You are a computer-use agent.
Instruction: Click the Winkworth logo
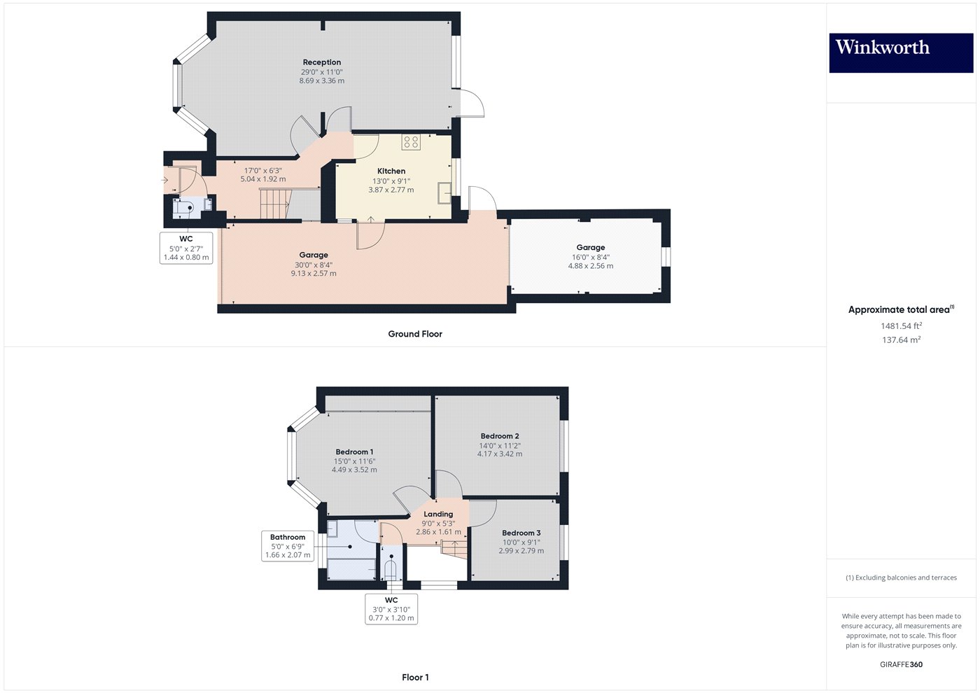click(x=900, y=52)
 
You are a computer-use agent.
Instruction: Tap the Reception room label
click(x=322, y=62)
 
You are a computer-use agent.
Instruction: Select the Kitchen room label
click(x=391, y=171)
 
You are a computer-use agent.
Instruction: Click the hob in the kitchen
click(x=411, y=143)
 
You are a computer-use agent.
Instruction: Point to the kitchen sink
click(x=444, y=192)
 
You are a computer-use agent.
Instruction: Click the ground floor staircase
click(x=274, y=204)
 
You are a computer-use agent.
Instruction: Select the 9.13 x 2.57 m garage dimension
click(x=314, y=274)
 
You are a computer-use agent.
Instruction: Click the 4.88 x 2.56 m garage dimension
click(x=590, y=266)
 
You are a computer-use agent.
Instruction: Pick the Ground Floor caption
click(x=415, y=334)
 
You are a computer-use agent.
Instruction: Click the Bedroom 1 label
click(x=354, y=452)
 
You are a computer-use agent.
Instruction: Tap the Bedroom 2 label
click(x=500, y=436)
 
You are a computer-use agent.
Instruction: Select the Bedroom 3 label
click(x=521, y=533)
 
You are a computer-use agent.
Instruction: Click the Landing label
click(x=438, y=514)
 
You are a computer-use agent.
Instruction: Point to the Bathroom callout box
click(x=288, y=546)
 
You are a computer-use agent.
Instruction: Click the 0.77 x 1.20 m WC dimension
click(x=391, y=619)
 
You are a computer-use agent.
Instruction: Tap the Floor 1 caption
click(x=415, y=677)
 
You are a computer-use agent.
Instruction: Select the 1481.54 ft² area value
click(x=901, y=325)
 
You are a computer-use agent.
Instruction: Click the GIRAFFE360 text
click(x=901, y=664)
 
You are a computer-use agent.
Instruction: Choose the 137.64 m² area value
click(x=901, y=340)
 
